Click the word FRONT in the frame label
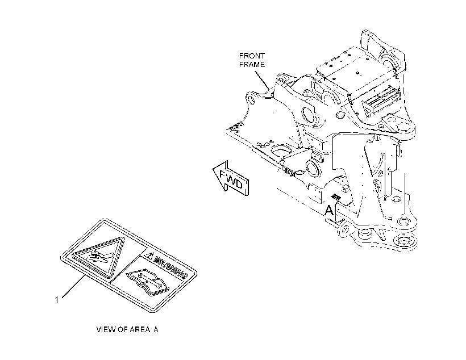(252, 56)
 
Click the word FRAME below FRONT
(252, 65)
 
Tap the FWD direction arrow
(231, 179)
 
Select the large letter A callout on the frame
(329, 210)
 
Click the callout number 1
(57, 300)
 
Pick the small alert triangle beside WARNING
(149, 255)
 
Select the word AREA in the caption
(138, 329)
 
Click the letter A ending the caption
(156, 329)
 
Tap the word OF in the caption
(120, 329)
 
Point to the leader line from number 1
(73, 286)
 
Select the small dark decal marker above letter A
(336, 196)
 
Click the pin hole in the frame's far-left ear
(251, 100)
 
